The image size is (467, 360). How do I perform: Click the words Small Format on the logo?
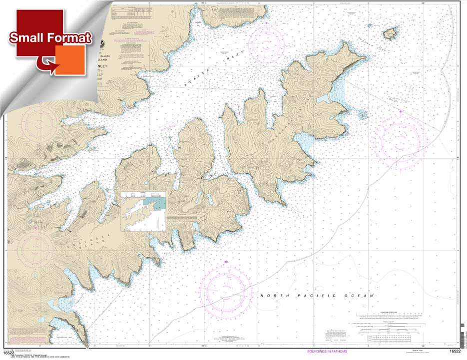[50, 38]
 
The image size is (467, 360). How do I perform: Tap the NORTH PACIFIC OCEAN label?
[317, 296]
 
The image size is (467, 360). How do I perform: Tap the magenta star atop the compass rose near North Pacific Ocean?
[226, 262]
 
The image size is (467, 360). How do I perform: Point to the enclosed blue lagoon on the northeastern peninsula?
[322, 98]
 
